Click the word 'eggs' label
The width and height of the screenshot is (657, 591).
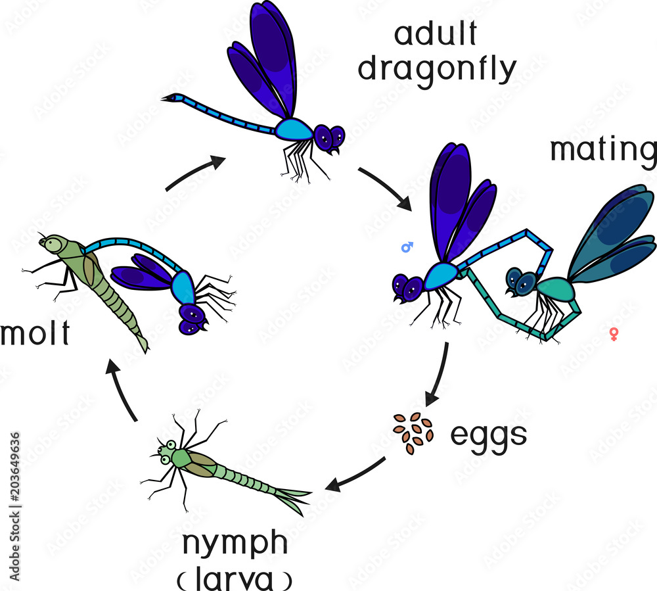pos(488,435)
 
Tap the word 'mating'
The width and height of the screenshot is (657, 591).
pos(603,150)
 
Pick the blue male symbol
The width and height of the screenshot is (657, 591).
pos(407,247)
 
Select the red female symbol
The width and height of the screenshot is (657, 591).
pos(614,334)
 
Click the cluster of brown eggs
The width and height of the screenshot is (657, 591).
pos(413,433)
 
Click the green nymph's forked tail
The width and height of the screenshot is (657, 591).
pos(296,498)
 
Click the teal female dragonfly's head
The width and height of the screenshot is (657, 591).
pos(520,282)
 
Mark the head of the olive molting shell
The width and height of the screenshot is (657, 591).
pos(49,244)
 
